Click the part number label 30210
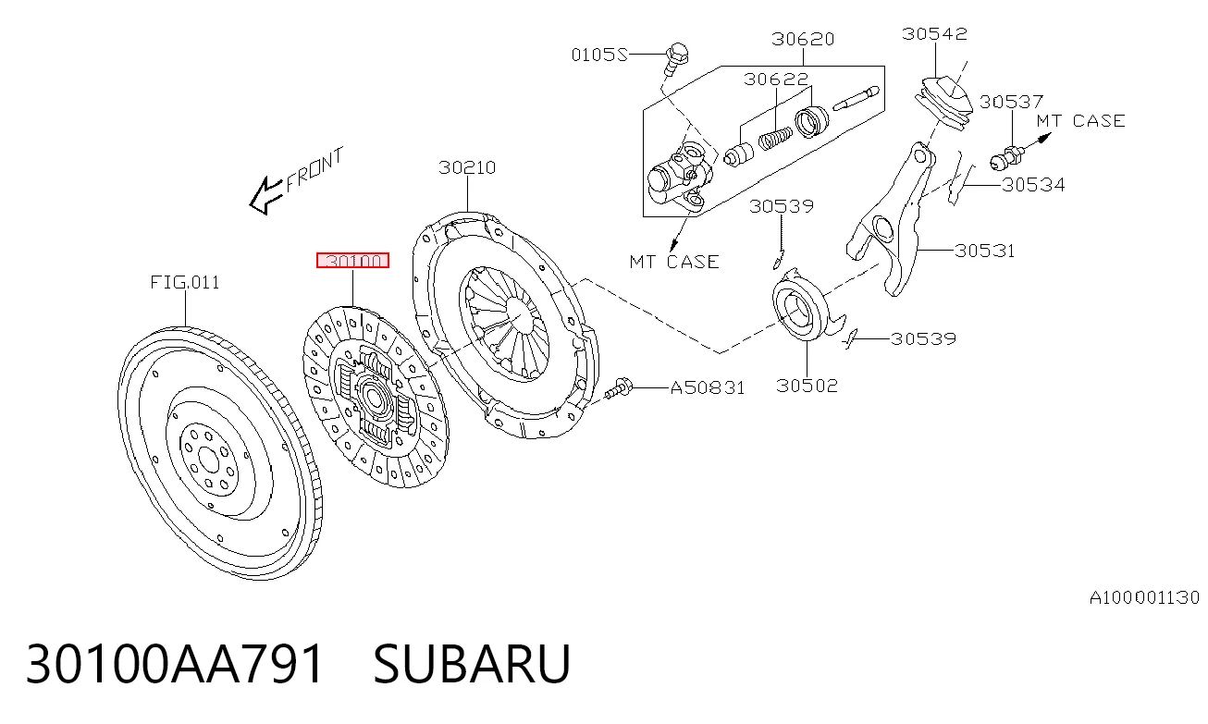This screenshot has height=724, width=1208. (x=467, y=167)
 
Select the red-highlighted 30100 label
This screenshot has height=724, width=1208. (x=352, y=261)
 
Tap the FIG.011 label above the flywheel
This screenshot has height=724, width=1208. (x=185, y=282)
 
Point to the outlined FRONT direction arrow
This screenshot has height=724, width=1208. (x=265, y=196)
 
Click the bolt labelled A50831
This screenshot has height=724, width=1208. (x=619, y=388)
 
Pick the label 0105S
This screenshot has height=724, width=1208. (x=599, y=55)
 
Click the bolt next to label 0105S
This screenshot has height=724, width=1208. (x=674, y=59)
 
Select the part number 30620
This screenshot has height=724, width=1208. (x=803, y=39)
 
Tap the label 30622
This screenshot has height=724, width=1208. (x=776, y=80)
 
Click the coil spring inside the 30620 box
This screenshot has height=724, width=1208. (x=775, y=138)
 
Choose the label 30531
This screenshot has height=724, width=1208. (x=985, y=251)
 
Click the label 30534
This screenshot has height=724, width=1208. (x=1033, y=185)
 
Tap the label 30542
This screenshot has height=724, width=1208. (x=934, y=34)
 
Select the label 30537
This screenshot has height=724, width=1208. (x=1011, y=102)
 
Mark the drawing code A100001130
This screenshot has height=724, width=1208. (x=1144, y=597)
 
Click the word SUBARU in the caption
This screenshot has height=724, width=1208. (x=472, y=663)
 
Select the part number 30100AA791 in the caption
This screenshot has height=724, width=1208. (x=175, y=663)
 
